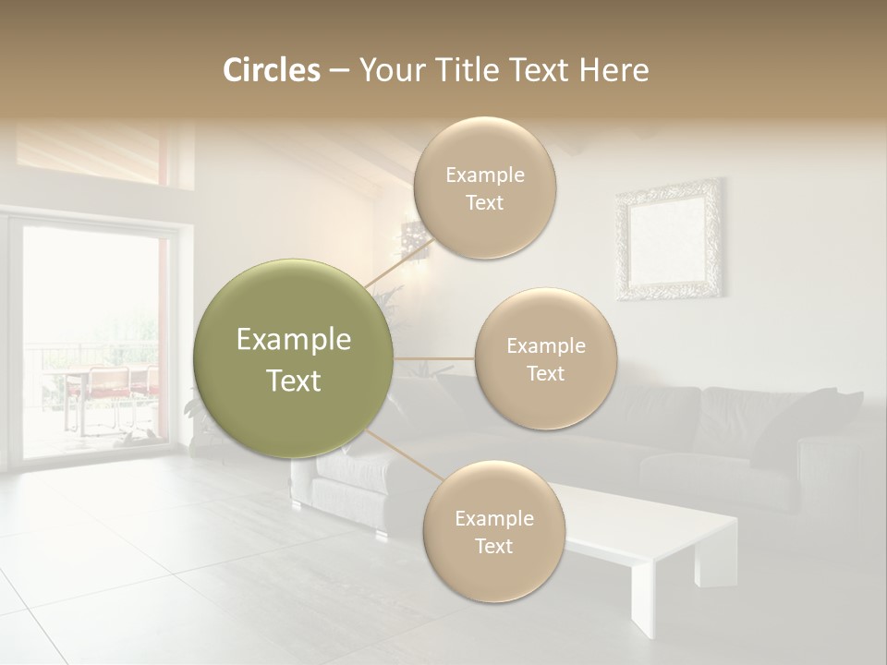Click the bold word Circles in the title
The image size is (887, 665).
point(271,70)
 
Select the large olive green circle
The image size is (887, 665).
point(294,359)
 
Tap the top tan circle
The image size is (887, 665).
point(484,188)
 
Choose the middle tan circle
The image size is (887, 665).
point(545,359)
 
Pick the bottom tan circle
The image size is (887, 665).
point(493,531)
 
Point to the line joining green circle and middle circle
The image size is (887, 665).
point(434,358)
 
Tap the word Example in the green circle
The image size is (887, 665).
point(294,340)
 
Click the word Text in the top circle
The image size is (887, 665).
point(484,203)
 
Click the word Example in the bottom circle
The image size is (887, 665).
point(493,518)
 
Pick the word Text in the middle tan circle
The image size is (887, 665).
point(545,373)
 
